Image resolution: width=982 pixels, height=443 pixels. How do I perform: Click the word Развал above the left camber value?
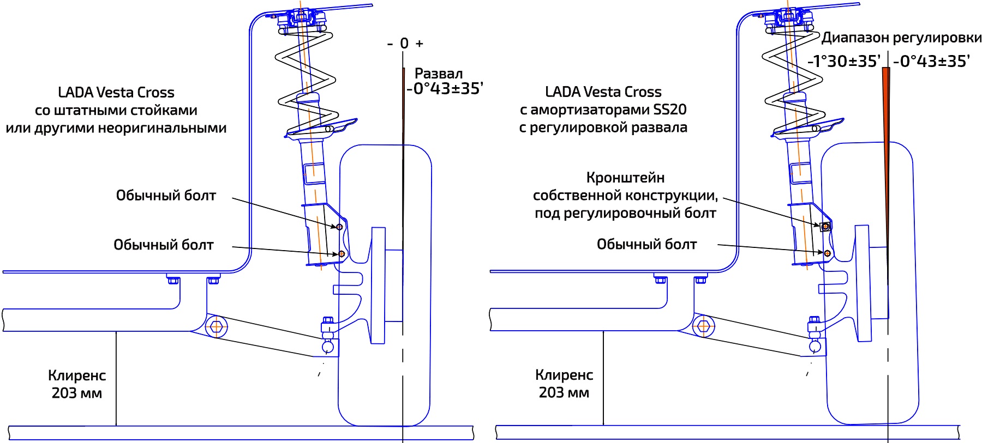(x=439, y=74)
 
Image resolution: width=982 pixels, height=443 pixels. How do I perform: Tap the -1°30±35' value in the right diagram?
(x=844, y=62)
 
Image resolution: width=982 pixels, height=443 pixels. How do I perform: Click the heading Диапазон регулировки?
(x=901, y=38)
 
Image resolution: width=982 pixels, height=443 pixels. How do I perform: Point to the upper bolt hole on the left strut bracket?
(x=339, y=227)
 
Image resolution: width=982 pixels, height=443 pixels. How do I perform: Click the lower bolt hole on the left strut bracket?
(x=342, y=253)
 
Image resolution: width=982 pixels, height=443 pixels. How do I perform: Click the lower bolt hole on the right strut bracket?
(x=828, y=253)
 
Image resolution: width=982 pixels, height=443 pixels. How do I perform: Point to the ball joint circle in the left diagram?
(x=328, y=347)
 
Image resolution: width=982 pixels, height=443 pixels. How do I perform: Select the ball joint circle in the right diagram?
(x=815, y=346)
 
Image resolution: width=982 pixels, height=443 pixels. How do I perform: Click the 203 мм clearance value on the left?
(x=77, y=393)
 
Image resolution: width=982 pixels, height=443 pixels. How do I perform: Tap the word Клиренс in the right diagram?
(x=564, y=375)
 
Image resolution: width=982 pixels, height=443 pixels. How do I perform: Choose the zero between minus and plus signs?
(x=404, y=44)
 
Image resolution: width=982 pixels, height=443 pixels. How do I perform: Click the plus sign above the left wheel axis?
(x=419, y=44)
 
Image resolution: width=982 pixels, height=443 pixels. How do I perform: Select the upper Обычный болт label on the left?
(x=166, y=196)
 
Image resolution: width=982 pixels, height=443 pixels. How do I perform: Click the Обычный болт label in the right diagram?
(x=646, y=244)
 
